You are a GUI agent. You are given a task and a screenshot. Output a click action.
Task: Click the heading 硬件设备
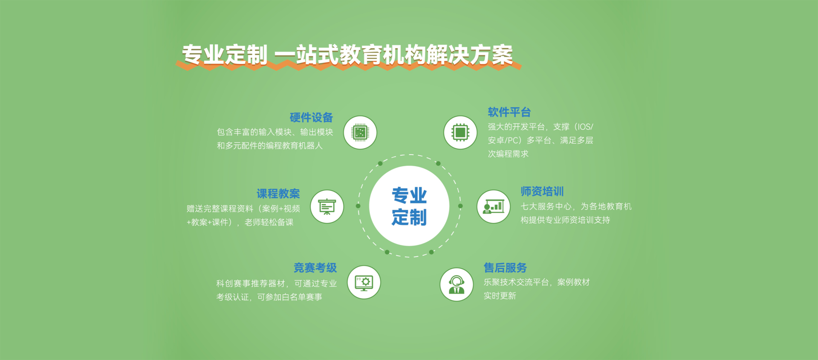[311, 118]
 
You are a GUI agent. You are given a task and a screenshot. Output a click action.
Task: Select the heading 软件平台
[509, 112]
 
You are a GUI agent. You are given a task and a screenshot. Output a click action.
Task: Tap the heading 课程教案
[278, 194]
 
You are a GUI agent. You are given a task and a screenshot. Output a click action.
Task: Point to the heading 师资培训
[542, 192]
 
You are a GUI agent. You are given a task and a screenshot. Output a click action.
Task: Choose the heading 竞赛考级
[315, 268]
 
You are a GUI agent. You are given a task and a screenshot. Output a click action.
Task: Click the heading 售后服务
[505, 268]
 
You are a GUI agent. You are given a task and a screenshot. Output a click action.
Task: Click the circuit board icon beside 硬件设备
[360, 132]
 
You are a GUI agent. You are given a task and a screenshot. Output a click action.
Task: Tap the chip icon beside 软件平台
[460, 132]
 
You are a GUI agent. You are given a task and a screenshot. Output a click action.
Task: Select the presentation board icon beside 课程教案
[327, 207]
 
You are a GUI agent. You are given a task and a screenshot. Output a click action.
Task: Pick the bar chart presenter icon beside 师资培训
[494, 207]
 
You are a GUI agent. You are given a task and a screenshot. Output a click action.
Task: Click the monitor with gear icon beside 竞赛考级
[364, 282]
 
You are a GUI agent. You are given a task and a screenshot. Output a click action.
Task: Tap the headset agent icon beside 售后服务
[457, 284]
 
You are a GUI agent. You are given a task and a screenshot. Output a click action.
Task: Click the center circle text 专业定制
[409, 206]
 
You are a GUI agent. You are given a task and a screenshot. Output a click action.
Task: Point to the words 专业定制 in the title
[225, 55]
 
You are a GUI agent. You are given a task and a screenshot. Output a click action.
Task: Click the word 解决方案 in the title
[470, 55]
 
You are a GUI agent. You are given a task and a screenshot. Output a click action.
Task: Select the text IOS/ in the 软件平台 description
[584, 127]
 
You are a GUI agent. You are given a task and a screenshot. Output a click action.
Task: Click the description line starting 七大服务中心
[576, 207]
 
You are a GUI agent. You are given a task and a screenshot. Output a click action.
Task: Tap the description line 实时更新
[500, 296]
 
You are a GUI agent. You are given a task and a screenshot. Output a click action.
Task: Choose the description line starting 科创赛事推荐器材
[277, 284]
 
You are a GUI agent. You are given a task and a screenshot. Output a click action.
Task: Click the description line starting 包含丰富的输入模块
[275, 132]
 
